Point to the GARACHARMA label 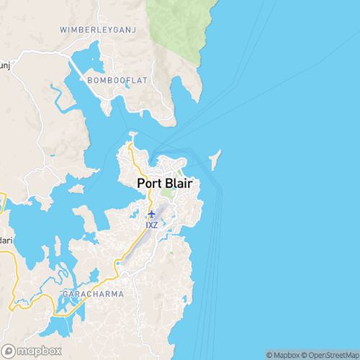point(92,294)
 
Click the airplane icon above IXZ point(151,214)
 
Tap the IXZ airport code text point(151,225)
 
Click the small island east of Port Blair point(215,156)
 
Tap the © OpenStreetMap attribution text point(333,355)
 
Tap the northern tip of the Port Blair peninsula point(132,134)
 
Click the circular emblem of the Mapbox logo point(9,351)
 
